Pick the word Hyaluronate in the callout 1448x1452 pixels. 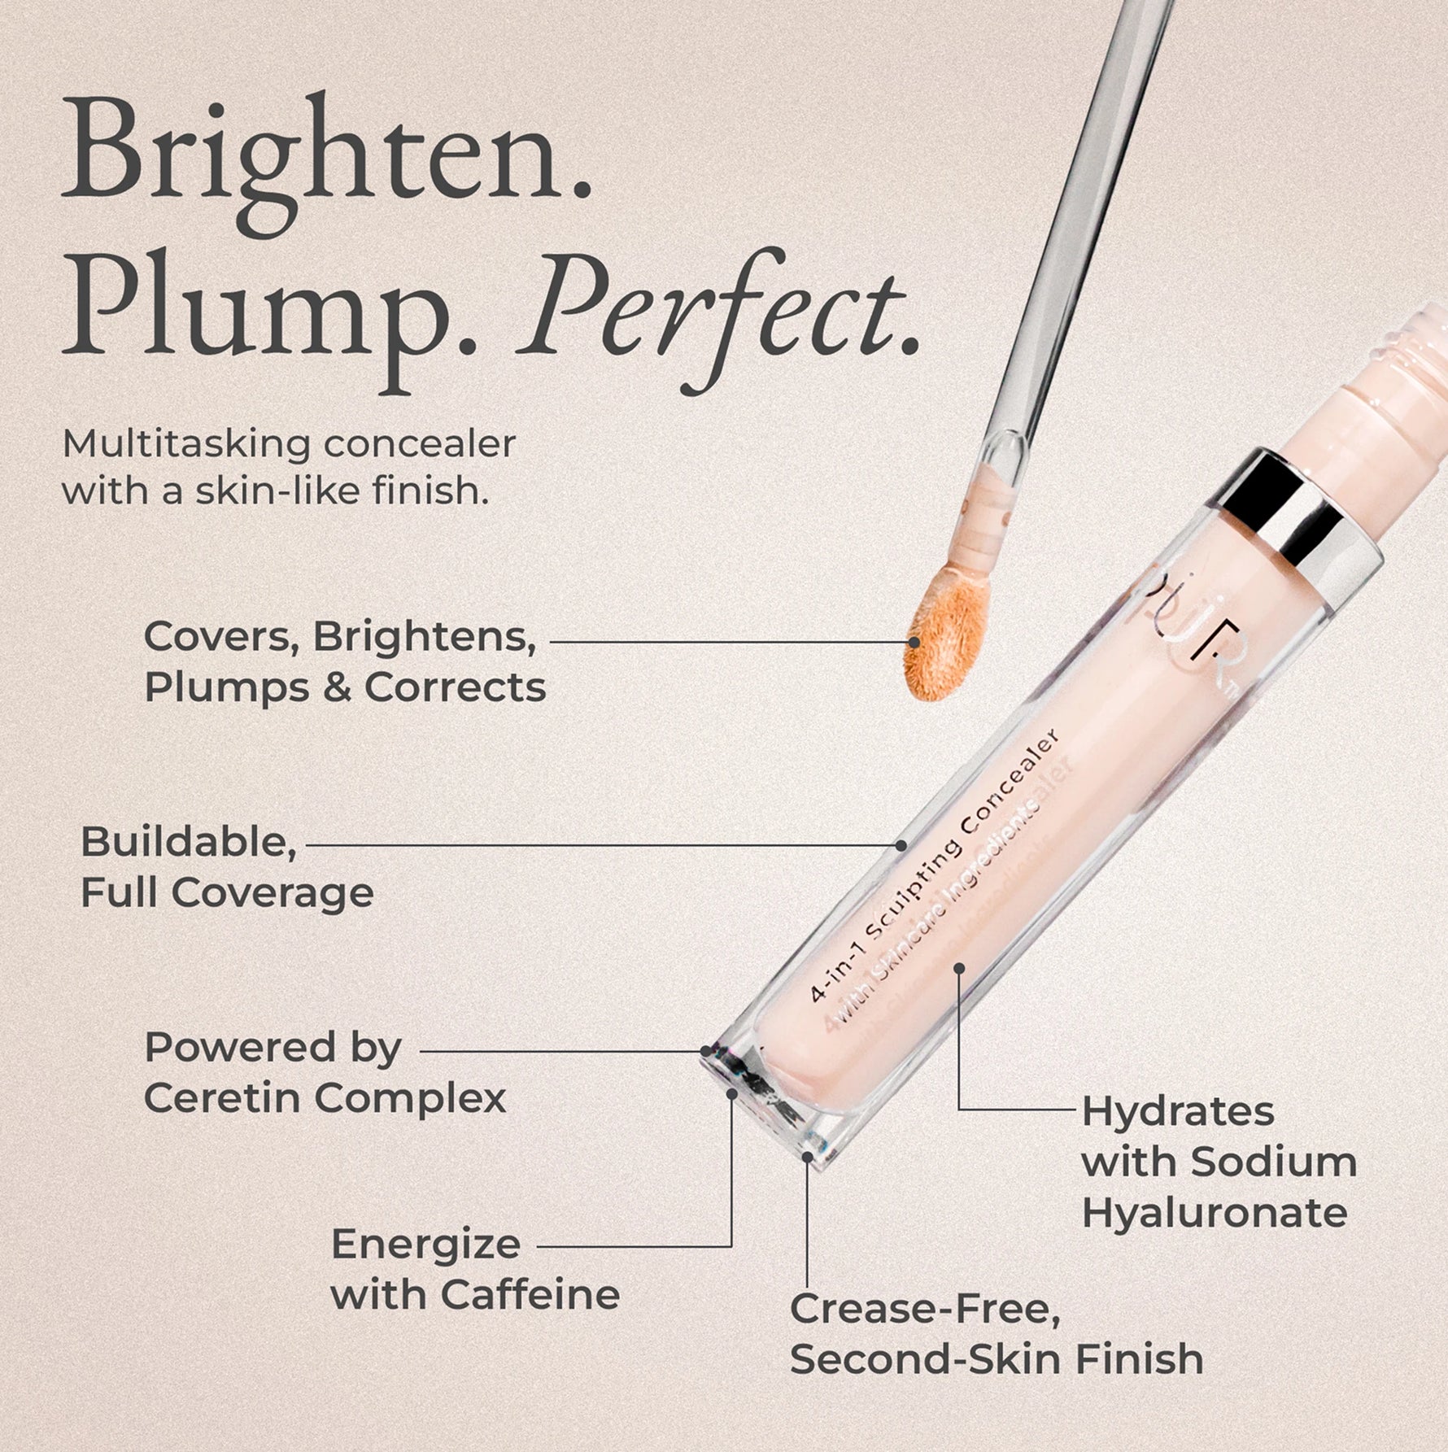pos(1214,1213)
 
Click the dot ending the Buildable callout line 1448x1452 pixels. pos(901,845)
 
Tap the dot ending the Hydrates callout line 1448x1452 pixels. pos(959,968)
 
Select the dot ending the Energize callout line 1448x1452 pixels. pos(731,1094)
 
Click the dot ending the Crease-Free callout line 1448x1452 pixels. pos(807,1156)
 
